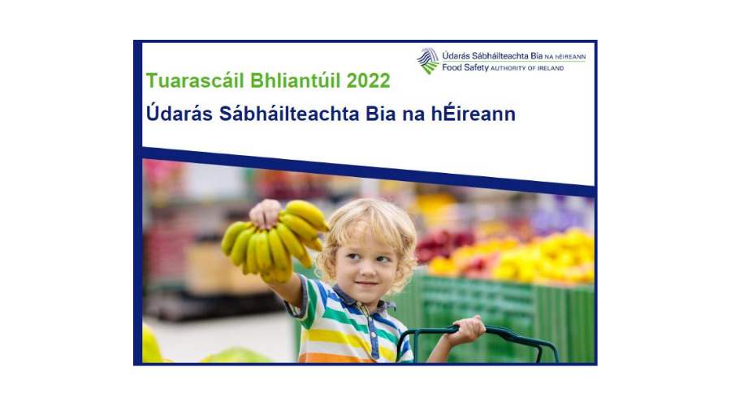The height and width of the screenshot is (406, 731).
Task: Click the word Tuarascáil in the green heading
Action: [x=195, y=80]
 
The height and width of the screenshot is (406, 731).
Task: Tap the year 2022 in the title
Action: [x=368, y=80]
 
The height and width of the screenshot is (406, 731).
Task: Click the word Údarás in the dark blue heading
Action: [x=180, y=113]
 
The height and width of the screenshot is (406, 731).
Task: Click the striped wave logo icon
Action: [x=428, y=61]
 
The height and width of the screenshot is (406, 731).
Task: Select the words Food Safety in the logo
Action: [x=465, y=67]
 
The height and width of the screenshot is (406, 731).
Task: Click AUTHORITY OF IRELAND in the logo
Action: [x=527, y=68]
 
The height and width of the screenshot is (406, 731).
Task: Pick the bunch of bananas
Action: [x=275, y=241]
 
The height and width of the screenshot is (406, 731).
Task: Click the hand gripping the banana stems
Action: [x=266, y=214]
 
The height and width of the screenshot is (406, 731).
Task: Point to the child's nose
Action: [x=368, y=269]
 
